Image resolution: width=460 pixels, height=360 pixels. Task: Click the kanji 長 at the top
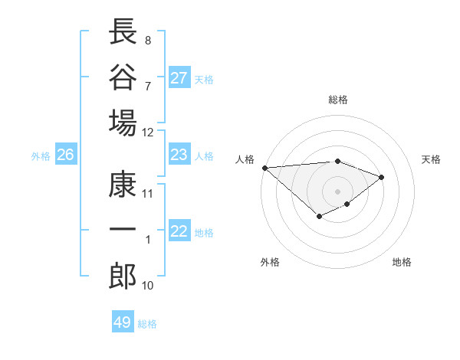123,31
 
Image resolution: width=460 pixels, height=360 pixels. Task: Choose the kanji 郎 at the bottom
123,276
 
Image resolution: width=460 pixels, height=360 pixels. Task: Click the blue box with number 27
179,78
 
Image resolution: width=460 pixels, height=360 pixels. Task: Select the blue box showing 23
179,155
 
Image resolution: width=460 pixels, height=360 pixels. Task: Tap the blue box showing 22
179,232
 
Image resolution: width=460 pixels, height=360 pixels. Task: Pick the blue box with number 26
65,155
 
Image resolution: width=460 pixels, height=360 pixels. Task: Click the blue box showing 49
122,322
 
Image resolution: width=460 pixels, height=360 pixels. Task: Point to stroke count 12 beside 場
148,132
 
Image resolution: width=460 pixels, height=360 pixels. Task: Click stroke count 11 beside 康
148,193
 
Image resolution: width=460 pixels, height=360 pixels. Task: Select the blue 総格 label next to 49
147,324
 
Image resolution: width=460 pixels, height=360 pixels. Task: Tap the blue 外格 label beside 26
41,156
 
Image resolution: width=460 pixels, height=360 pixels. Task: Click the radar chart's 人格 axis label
245,159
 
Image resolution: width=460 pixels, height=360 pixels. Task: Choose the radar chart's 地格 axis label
402,262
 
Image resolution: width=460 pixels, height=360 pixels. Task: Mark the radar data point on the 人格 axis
264,168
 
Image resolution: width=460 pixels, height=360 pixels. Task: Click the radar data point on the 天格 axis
382,177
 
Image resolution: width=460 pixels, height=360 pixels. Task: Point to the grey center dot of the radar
337,191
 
